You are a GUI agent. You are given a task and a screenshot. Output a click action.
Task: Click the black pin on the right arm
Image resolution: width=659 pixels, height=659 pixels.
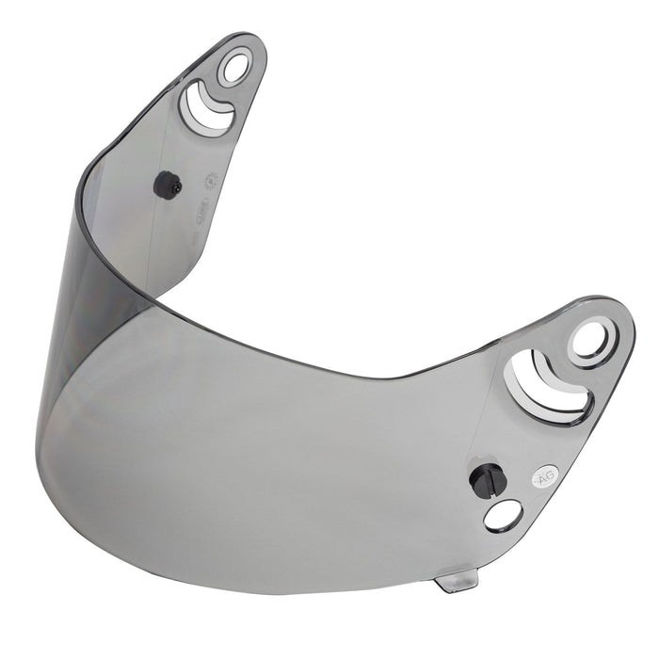coord(488,479)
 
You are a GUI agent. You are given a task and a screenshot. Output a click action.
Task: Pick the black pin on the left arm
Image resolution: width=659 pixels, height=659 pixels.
coord(168,185)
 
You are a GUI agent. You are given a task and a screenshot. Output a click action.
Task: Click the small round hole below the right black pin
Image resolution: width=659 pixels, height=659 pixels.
coord(503,513)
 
